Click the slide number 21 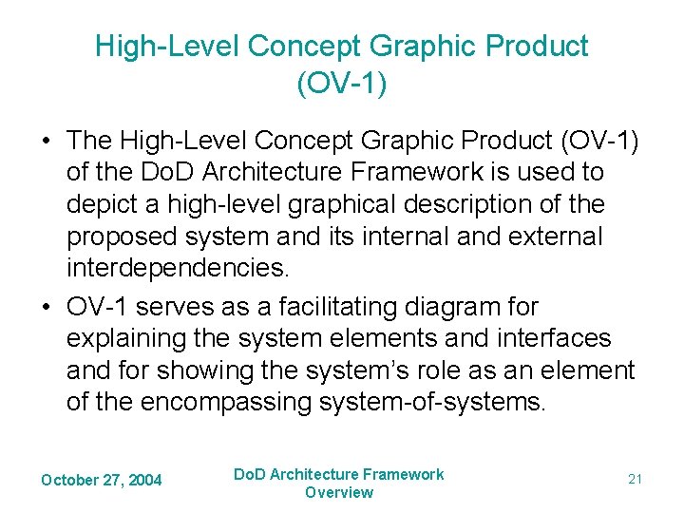coord(635,480)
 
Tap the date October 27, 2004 coord(102,480)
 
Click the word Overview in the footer coord(339,492)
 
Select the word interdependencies coord(177,268)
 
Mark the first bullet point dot coord(46,141)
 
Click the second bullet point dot coord(46,307)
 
